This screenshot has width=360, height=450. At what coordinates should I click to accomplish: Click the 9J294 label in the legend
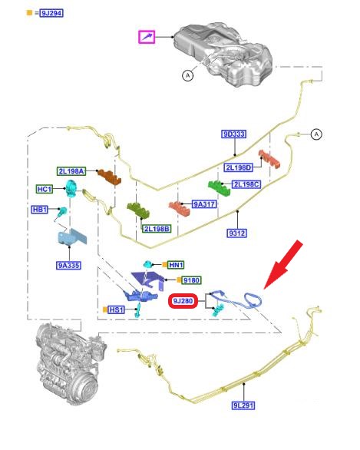[51, 13]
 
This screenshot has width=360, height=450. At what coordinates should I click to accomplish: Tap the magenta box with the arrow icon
[147, 37]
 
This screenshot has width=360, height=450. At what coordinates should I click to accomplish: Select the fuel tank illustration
[223, 54]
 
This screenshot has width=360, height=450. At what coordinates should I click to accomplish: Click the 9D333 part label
[234, 134]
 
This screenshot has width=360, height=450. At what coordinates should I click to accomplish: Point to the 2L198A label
[71, 171]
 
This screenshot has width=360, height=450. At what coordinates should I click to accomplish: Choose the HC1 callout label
[45, 189]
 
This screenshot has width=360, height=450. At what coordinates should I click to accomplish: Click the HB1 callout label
[40, 210]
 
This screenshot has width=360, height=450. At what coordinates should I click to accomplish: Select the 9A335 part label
[68, 265]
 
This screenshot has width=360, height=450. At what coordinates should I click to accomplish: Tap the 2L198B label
[157, 229]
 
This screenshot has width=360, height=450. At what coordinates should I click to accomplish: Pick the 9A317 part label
[204, 204]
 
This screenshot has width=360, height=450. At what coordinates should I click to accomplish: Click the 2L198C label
[246, 184]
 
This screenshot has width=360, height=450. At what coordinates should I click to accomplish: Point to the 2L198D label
[239, 167]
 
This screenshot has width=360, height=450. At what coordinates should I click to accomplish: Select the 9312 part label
[237, 233]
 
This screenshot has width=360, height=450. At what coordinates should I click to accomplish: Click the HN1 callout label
[176, 265]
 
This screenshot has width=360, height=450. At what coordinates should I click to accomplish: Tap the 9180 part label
[191, 280]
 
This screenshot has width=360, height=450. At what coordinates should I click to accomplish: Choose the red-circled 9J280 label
[183, 301]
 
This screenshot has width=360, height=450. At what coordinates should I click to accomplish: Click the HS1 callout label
[116, 309]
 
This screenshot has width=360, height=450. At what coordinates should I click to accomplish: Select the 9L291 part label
[243, 405]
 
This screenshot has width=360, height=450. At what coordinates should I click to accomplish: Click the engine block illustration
[71, 364]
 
